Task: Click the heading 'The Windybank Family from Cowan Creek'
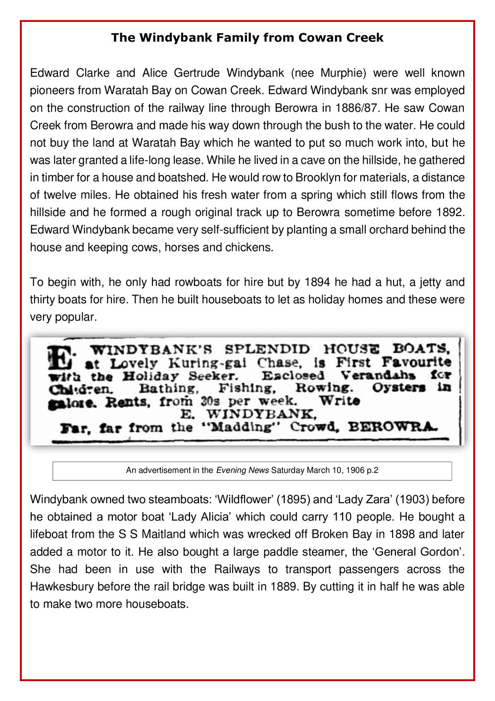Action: coord(247,38)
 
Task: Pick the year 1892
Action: coord(450,212)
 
